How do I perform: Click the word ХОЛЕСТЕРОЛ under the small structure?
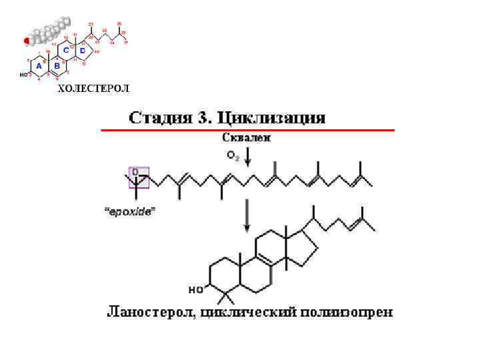click(94, 89)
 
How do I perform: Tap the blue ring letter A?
click(39, 66)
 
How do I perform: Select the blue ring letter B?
click(57, 66)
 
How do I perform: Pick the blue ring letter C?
click(66, 51)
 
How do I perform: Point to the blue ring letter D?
click(83, 50)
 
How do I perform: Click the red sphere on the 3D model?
click(27, 41)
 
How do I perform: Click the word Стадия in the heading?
click(159, 119)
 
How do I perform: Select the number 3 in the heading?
click(203, 119)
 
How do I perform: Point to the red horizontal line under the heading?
click(247, 130)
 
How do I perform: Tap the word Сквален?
click(246, 139)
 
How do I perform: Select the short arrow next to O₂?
click(247, 158)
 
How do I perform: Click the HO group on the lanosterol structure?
click(195, 290)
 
